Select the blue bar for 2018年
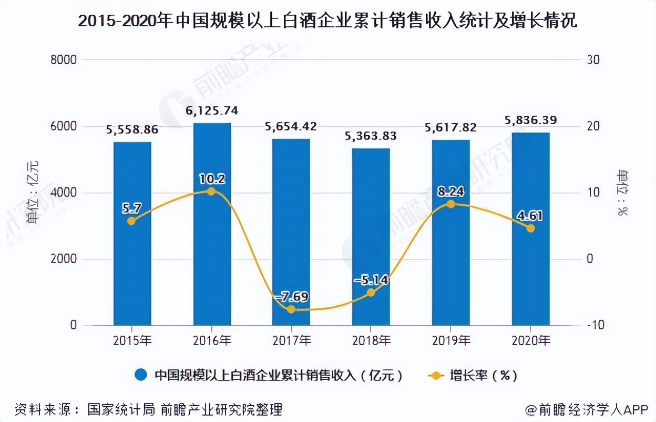click(x=371, y=237)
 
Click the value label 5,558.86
click(x=132, y=129)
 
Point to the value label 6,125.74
click(x=212, y=110)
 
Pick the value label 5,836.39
click(x=530, y=120)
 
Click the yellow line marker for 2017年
click(x=291, y=309)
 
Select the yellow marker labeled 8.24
click(x=450, y=204)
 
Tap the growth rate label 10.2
click(x=212, y=179)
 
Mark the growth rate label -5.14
click(x=371, y=280)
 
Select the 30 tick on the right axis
click(x=593, y=60)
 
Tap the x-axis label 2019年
click(x=450, y=341)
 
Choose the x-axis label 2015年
click(x=132, y=341)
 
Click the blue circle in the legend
click(x=141, y=376)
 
